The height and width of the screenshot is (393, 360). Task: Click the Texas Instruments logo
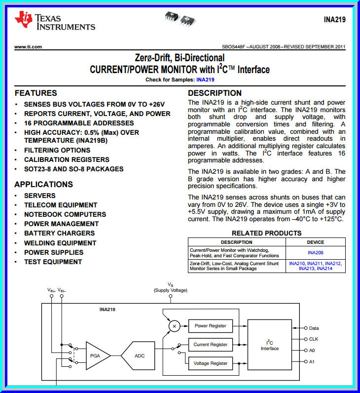(54, 20)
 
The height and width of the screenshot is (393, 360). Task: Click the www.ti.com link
(28, 47)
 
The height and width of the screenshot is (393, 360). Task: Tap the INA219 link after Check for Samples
(205, 79)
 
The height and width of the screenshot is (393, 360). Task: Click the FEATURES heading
(36, 93)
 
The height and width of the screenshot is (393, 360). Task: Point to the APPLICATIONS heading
(44, 184)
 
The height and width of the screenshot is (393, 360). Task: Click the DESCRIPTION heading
(215, 93)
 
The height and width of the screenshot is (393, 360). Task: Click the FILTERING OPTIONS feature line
(57, 150)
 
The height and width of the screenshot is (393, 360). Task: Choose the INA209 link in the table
(316, 252)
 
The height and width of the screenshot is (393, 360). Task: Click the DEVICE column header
(316, 242)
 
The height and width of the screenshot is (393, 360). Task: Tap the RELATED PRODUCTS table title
(266, 233)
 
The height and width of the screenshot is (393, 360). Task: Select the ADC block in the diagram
(140, 355)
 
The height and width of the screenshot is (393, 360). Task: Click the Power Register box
(210, 326)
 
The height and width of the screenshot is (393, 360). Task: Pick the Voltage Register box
(211, 363)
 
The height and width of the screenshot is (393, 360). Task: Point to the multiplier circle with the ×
(174, 326)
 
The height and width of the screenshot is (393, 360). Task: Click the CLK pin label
(314, 339)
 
